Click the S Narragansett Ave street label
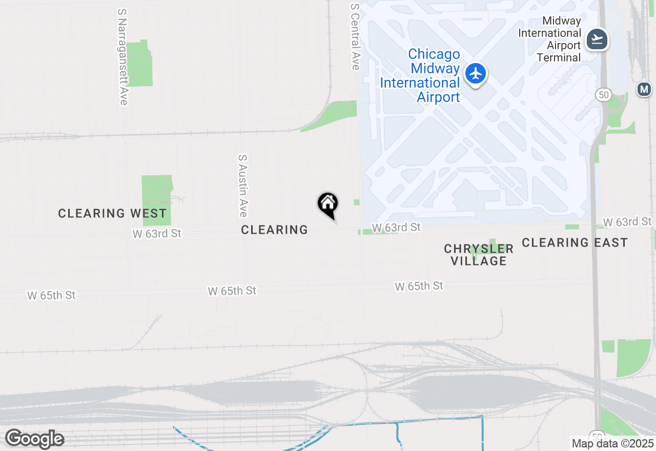tap(122, 57)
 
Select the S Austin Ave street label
tap(243, 186)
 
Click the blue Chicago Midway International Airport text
tap(420, 76)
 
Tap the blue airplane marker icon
tap(476, 74)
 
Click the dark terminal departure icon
tap(597, 39)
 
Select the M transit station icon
tap(644, 89)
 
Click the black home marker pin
tap(327, 205)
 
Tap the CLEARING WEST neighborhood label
tap(112, 213)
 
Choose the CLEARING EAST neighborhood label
tap(575, 242)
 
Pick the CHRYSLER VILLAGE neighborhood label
tap(479, 255)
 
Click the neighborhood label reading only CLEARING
tap(275, 230)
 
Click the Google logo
tap(34, 439)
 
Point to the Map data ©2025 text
tap(613, 443)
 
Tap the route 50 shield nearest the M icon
tap(603, 95)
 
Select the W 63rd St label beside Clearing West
tap(157, 234)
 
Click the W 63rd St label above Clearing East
tap(627, 221)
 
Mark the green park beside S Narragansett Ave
tap(139, 64)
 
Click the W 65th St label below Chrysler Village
tap(419, 286)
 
